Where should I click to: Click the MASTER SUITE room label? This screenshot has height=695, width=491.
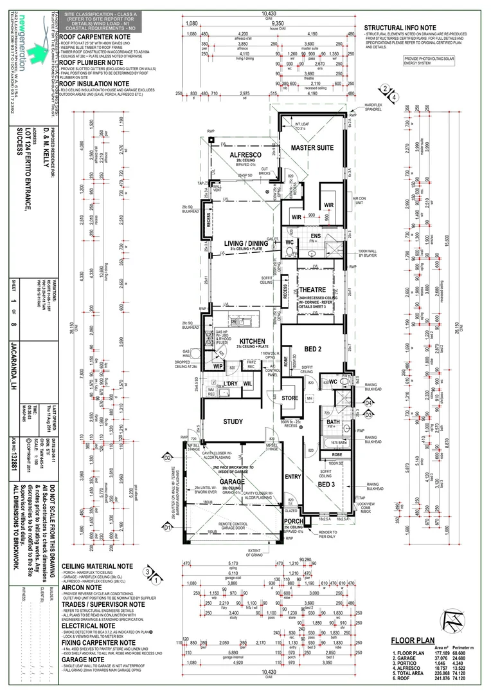[x=312, y=147]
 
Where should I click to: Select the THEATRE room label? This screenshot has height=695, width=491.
[x=312, y=290]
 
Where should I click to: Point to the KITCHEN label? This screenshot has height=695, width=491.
[x=253, y=342]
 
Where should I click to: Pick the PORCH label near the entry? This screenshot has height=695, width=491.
[x=293, y=522]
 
